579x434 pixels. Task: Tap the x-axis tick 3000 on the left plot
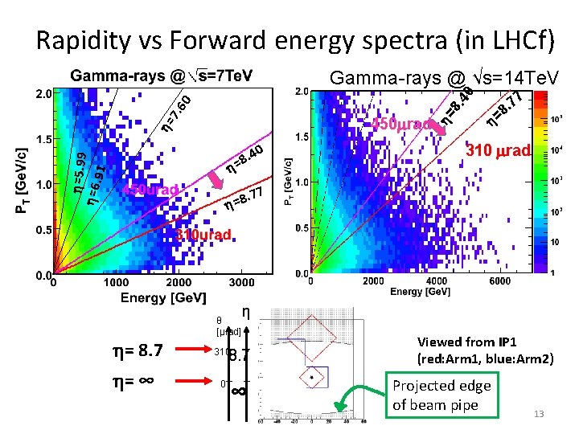coord(241,283)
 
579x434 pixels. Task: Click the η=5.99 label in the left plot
coord(78,170)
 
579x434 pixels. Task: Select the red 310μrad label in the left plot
coord(206,235)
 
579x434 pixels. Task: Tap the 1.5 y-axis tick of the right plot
coord(302,138)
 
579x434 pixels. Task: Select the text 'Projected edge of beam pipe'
coord(441,395)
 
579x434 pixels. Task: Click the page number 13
coord(539,414)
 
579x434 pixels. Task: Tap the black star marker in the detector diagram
coord(311,376)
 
